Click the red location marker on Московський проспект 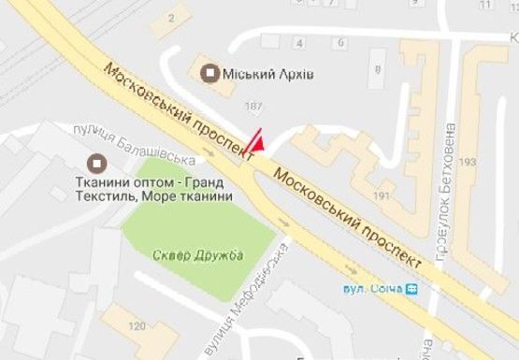click(x=259, y=143)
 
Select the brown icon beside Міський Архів click(x=211, y=71)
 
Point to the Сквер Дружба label click(x=196, y=254)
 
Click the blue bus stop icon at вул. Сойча click(x=412, y=287)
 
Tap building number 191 click(x=381, y=195)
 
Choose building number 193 click(x=468, y=163)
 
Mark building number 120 click(x=137, y=325)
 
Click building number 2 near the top click(x=170, y=19)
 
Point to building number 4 click(x=298, y=43)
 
